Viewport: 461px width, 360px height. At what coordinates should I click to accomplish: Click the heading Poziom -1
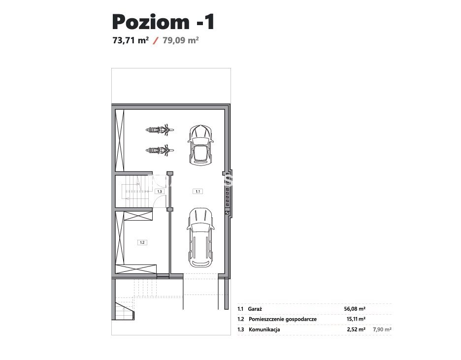coord(163,22)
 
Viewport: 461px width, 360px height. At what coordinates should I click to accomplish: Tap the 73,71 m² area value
coord(131,40)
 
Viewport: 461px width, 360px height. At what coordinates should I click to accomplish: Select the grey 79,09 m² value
coord(181,40)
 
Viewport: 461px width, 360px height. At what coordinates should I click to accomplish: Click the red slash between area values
coord(156,40)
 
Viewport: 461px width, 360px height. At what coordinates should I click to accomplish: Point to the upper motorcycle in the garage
coord(160,130)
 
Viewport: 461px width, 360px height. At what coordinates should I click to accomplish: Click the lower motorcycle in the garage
coord(160,150)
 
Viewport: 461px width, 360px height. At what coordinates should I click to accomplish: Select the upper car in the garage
coord(200,145)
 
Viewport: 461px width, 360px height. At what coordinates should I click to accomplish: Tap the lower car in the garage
coord(200,237)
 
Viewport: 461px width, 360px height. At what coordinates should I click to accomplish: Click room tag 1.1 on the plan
coord(198,191)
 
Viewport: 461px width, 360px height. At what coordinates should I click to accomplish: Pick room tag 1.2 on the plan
coord(142,242)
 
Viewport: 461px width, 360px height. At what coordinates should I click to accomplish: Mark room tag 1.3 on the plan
coord(160,191)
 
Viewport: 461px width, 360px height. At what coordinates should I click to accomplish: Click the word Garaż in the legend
coord(255,309)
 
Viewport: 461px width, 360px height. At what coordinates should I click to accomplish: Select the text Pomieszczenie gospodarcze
coord(283,319)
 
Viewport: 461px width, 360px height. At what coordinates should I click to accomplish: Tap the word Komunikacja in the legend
coord(264,329)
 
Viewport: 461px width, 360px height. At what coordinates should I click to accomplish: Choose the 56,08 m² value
coord(355,309)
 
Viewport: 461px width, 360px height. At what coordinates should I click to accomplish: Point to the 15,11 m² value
coord(356,319)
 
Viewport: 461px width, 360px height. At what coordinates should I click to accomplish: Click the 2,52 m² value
coord(356,329)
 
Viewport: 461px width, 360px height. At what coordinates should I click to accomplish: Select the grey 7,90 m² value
coord(382,329)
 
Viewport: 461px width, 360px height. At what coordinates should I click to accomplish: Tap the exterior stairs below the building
coord(125,310)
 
